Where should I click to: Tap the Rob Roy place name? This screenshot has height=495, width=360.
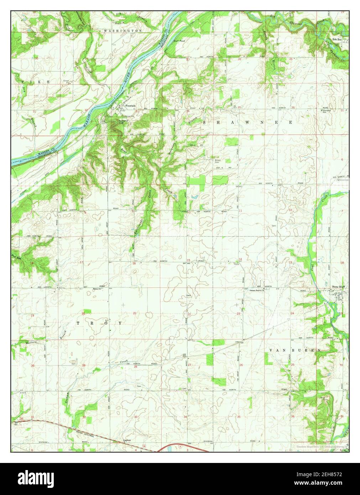[x=337, y=40]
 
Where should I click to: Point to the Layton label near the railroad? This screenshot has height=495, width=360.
[x=127, y=440]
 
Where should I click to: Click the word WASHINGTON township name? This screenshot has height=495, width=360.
[x=123, y=31]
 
